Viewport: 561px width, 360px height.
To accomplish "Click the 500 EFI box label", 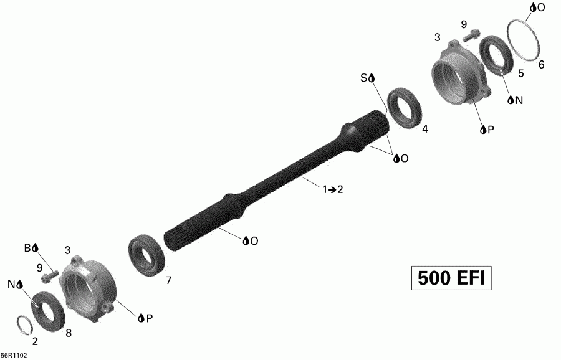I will point(452,278).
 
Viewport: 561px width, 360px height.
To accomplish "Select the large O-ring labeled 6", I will point(524,39).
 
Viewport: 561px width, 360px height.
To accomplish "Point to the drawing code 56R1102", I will point(14,356).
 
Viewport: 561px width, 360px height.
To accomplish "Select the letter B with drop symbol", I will point(31,248).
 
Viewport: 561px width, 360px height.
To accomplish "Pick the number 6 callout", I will point(541,64).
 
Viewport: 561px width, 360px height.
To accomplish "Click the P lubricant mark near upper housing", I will point(487,130).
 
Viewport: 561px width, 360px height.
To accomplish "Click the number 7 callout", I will point(168,281).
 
